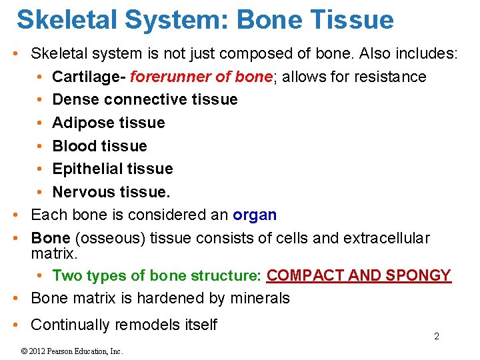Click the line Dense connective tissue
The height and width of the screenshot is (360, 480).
[x=145, y=99]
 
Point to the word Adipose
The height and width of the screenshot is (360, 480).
[x=81, y=123]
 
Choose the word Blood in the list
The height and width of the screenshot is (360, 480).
[x=73, y=145]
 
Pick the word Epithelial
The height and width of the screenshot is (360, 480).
[x=85, y=169]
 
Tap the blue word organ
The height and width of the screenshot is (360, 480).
[x=254, y=215]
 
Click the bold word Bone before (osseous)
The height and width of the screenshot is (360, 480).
[x=51, y=238]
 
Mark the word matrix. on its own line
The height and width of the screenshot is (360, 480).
[x=54, y=254]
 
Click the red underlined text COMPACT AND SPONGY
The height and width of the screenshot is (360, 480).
[x=359, y=275]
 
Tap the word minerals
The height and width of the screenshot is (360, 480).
[x=259, y=298]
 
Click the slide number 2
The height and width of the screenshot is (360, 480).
[x=437, y=337]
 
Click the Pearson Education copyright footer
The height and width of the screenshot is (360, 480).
[x=71, y=351]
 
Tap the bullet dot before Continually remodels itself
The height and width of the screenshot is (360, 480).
[x=17, y=325]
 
